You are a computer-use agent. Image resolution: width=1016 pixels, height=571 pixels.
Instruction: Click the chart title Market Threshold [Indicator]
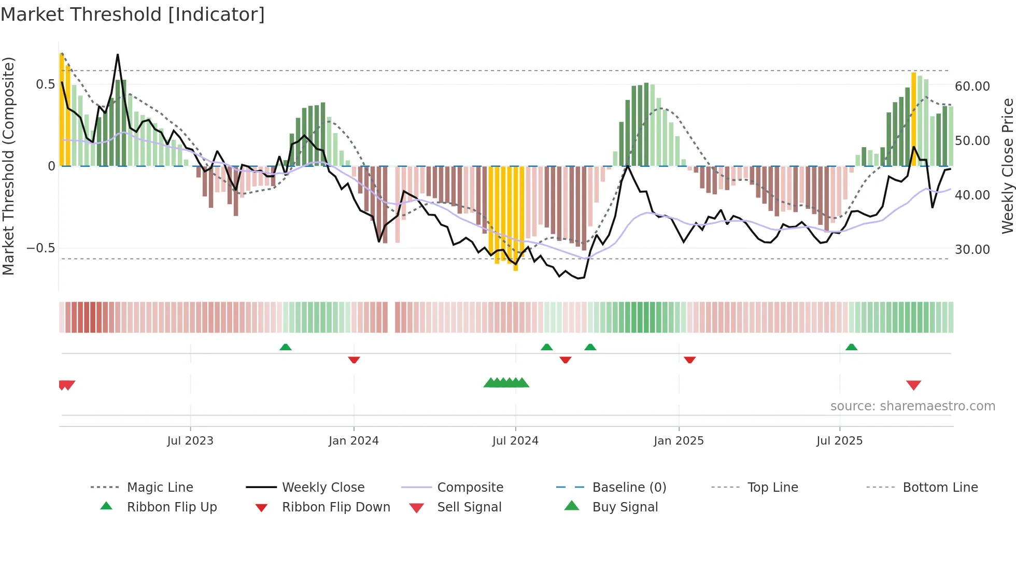click(133, 15)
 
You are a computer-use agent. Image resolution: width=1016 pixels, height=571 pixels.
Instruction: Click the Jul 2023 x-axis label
click(190, 441)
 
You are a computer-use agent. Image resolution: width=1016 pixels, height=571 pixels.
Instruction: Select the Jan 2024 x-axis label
click(354, 441)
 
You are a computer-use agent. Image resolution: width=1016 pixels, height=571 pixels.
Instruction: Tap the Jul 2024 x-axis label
click(515, 441)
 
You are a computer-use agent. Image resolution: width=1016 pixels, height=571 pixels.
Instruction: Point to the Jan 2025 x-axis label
click(679, 441)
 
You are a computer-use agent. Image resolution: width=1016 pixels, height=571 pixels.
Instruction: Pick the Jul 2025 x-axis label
click(839, 441)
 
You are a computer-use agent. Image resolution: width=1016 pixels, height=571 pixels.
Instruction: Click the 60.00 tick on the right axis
click(972, 87)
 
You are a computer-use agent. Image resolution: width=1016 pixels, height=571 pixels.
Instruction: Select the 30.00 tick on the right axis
click(972, 250)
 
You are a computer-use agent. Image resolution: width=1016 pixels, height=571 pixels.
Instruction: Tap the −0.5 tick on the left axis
click(41, 248)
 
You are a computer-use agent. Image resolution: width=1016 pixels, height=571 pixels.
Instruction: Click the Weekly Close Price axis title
click(1007, 166)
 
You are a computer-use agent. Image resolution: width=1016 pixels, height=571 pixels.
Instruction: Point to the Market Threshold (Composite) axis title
click(8, 166)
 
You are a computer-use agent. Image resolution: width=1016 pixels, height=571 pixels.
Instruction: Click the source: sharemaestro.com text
click(912, 406)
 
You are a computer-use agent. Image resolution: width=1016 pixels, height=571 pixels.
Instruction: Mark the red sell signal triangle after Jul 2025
click(913, 385)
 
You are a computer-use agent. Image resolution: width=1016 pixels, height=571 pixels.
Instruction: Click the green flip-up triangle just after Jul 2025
click(851, 347)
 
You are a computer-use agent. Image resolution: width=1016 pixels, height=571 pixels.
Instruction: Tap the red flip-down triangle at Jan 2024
click(354, 360)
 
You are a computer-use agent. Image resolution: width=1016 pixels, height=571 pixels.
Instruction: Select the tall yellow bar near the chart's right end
click(913, 119)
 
